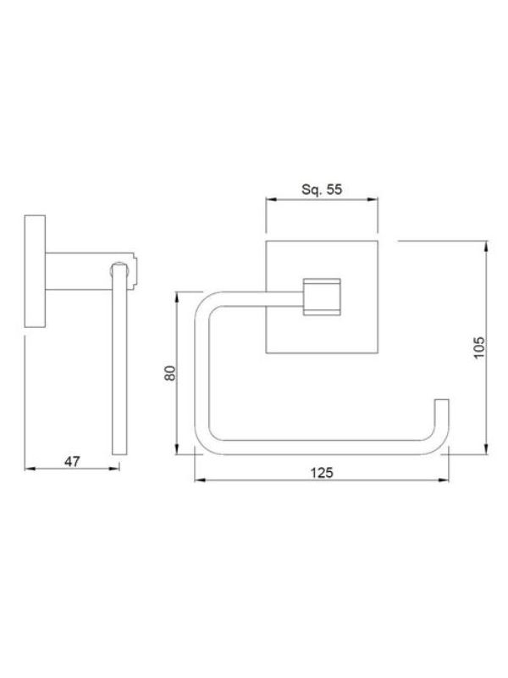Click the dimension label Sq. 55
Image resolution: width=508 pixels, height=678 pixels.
322,189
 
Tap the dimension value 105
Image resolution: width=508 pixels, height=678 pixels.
479,347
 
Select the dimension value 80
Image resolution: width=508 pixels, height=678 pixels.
170,373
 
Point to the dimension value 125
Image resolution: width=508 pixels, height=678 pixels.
322,473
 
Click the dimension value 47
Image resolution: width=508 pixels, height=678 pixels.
72,461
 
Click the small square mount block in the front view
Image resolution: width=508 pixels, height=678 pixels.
322,297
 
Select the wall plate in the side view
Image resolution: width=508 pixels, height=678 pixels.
35,270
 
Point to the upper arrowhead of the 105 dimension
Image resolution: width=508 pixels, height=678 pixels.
487,247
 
